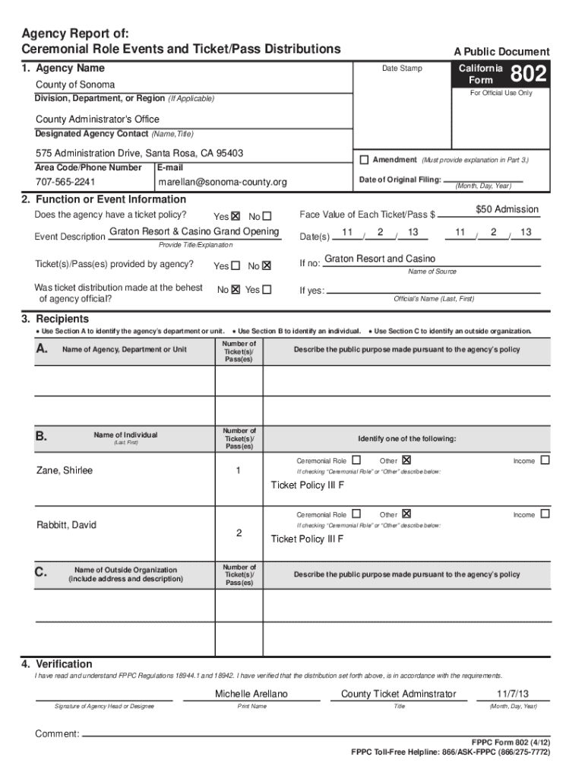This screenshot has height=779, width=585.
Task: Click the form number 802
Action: coord(528,75)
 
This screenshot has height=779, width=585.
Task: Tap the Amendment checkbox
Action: coord(364,160)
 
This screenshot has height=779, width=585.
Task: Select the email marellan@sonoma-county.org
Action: coord(223,182)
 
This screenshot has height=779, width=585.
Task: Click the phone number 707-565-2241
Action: coord(66,182)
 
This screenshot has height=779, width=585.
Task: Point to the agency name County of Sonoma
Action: coord(75,84)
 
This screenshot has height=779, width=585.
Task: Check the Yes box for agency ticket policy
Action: coord(236,216)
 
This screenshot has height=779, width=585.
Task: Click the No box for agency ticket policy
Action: coord(267,216)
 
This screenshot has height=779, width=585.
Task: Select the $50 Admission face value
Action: coord(507,209)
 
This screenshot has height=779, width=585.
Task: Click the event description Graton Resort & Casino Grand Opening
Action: coord(194,231)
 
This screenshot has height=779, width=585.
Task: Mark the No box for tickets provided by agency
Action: coord(267,266)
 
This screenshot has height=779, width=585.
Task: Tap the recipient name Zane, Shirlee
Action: coord(65,470)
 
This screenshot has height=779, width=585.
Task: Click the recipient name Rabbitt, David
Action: coord(67,525)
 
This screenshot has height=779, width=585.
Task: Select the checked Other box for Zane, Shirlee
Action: coord(406,460)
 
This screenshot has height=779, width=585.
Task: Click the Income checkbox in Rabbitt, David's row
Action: coord(544,514)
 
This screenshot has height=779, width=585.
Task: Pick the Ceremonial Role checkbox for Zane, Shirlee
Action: coord(356,460)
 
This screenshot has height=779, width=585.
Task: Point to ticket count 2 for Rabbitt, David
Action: coord(239,533)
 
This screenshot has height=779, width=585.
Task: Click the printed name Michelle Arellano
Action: coord(251,694)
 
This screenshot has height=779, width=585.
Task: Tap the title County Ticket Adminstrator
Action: coord(399,694)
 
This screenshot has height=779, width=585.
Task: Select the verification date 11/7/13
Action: coord(513,694)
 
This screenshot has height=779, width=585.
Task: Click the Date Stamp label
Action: coord(402,68)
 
